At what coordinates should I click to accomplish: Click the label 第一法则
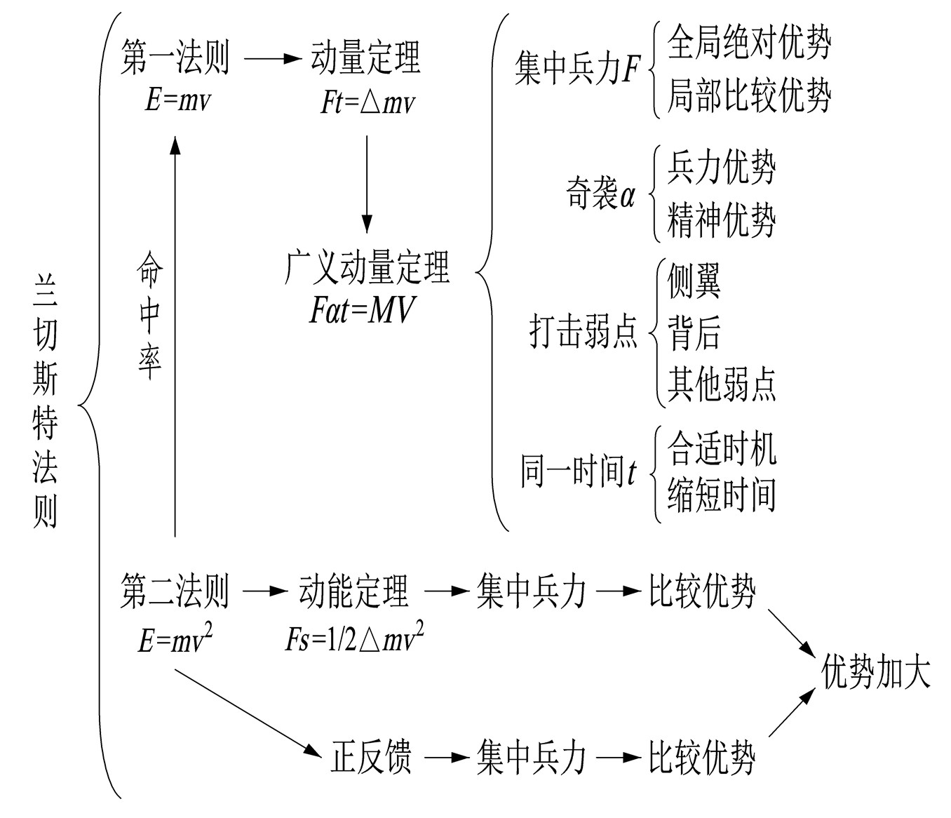coord(175,58)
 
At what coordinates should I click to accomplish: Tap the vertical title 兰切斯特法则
coord(46,400)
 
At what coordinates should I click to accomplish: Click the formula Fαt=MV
coord(363,309)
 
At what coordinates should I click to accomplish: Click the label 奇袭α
coord(600,194)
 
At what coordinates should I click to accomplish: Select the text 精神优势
coord(722,220)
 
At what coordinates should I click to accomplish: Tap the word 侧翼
coord(694,281)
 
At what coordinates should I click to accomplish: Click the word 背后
coord(694,332)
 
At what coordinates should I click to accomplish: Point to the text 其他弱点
coord(722,383)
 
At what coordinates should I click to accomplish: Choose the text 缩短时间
coord(722,495)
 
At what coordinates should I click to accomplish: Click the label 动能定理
coord(353,591)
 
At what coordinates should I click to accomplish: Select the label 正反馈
coord(371,757)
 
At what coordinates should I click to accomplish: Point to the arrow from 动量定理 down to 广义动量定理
coord(366,182)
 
